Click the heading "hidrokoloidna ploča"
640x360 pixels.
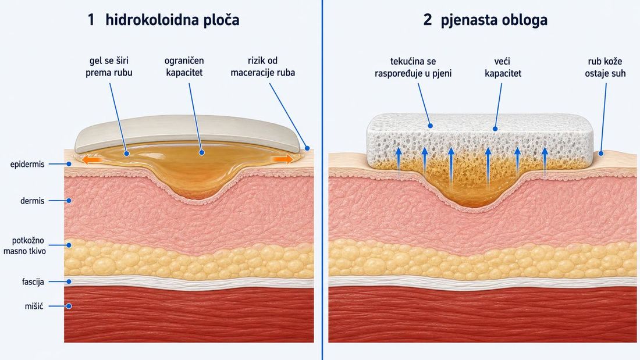click(x=172, y=20)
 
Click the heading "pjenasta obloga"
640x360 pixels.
click(x=494, y=20)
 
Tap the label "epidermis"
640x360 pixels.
click(x=27, y=165)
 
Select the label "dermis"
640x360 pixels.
click(x=32, y=201)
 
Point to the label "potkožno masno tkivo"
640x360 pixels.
click(x=25, y=245)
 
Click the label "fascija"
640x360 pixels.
click(x=33, y=281)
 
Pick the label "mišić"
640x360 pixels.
click(x=34, y=306)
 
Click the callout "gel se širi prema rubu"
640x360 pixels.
click(x=109, y=66)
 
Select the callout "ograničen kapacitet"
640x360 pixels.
click(x=184, y=66)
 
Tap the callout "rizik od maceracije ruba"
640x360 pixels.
click(x=263, y=66)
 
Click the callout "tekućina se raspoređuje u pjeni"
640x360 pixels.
click(x=413, y=67)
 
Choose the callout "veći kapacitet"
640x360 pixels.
click(x=503, y=67)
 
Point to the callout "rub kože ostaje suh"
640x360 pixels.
click(x=605, y=67)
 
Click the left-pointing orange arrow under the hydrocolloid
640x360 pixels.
click(x=91, y=159)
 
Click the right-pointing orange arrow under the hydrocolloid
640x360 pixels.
click(x=282, y=159)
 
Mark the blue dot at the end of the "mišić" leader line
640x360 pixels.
click(x=69, y=306)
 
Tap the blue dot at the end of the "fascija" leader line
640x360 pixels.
click(x=69, y=281)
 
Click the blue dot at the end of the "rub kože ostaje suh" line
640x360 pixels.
click(x=601, y=154)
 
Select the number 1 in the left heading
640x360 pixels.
click(x=91, y=20)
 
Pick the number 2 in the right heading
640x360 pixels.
click(x=428, y=20)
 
